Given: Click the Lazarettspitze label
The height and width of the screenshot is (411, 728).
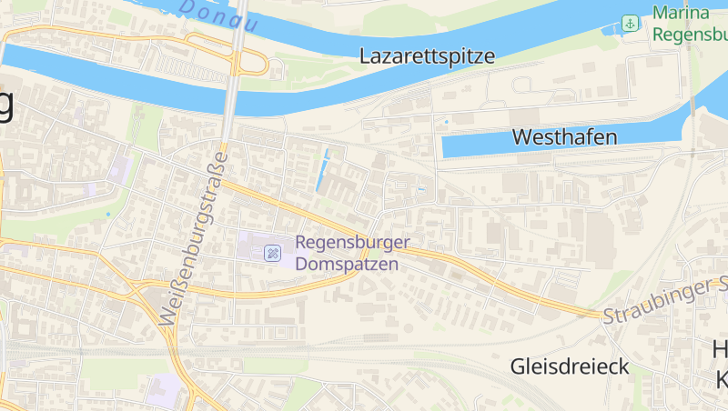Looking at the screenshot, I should pos(427,55).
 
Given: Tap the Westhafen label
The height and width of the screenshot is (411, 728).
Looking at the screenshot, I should pos(565,137).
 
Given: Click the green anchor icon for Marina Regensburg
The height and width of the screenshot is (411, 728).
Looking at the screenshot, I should pos(630,23).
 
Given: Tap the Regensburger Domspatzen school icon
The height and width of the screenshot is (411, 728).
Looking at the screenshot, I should pos(272,253).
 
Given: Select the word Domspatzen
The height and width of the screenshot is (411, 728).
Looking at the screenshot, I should pos(348,265).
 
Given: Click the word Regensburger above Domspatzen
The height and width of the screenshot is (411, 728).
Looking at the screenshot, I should pos(352,244).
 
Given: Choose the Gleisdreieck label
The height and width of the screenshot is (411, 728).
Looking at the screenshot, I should pos(570,366).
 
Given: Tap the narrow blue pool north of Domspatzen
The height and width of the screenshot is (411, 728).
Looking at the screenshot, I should pos(323,170).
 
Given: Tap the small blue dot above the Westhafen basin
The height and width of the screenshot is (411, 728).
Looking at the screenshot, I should pos(447,121).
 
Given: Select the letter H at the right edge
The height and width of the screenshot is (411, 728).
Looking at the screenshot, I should pos(720,350).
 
